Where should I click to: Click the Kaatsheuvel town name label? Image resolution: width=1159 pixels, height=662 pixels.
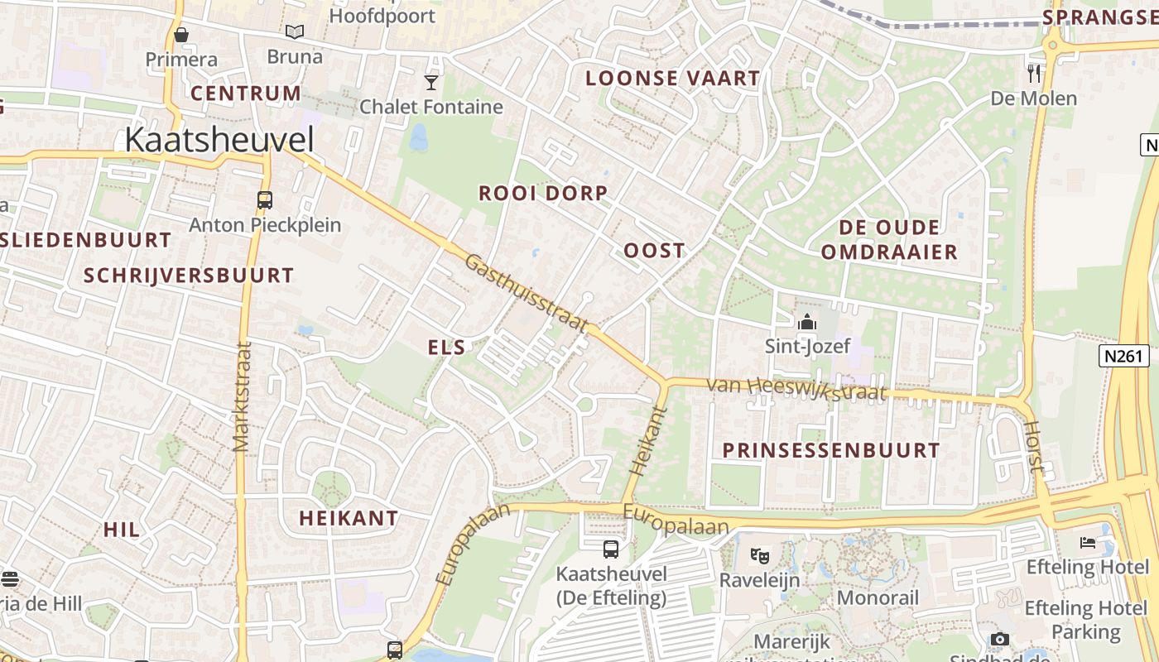coord(219,140)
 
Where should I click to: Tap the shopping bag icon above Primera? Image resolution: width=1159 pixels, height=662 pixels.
coord(181,35)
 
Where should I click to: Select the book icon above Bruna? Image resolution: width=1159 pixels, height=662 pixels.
coord(295,31)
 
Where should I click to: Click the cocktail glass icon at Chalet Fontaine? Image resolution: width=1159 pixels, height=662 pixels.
coord(431,82)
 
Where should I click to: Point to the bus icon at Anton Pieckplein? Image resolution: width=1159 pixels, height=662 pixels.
coord(265,200)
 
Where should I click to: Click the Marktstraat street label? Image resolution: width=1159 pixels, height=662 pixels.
coord(242,396)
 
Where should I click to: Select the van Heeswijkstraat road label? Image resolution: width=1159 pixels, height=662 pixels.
coord(796,389)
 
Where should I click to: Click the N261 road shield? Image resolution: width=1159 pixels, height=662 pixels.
coord(1124,356)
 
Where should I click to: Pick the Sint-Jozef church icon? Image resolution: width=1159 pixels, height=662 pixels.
coord(806,321)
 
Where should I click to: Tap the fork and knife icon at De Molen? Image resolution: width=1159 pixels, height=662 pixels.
coord(1033,74)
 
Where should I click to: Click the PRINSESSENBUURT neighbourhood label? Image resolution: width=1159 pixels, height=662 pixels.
coord(831,450)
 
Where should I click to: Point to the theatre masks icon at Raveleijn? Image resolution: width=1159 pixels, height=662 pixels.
coord(759,555)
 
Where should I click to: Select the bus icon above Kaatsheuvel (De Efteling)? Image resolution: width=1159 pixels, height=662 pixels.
coord(610,549)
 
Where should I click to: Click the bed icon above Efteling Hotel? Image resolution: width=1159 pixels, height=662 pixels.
coord(1087,543)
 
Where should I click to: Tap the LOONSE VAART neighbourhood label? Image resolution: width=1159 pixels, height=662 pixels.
coord(672,79)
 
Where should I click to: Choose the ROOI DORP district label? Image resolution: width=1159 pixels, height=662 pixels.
coord(543,193)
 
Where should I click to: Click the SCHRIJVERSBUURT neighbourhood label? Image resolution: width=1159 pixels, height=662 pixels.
coord(189,276)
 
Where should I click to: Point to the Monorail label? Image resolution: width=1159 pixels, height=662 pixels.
coord(878,597)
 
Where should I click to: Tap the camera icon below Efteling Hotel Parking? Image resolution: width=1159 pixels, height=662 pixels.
coord(999,639)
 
